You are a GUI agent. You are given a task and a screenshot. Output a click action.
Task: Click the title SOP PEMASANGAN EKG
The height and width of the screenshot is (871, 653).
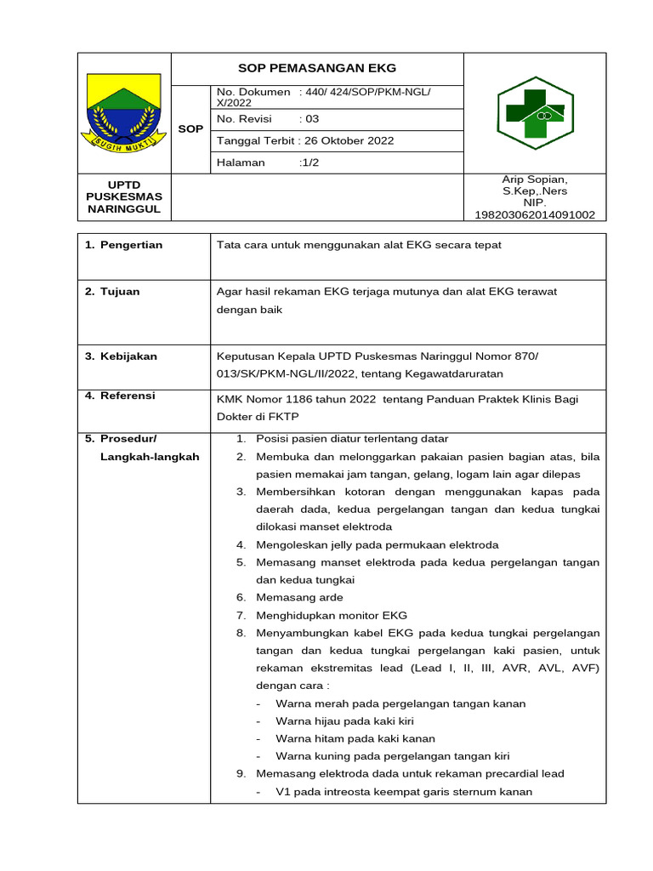click(316, 68)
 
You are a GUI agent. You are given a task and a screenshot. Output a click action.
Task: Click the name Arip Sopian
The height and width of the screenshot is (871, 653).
click(535, 179)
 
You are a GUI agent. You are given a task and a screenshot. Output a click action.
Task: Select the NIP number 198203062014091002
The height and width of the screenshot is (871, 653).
click(535, 215)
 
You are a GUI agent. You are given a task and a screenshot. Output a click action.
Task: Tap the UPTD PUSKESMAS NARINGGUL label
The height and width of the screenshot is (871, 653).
click(124, 196)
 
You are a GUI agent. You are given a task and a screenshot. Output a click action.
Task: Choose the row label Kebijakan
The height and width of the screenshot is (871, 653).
click(128, 356)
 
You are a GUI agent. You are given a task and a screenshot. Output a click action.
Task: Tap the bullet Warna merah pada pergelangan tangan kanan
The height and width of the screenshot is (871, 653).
click(400, 703)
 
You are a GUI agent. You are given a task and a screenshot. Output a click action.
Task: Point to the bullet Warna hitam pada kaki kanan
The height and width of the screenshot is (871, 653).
click(355, 738)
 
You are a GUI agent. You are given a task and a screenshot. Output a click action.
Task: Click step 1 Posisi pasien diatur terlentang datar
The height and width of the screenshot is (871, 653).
click(351, 439)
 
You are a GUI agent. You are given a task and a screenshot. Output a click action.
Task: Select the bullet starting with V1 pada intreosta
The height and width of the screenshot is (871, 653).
click(404, 792)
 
